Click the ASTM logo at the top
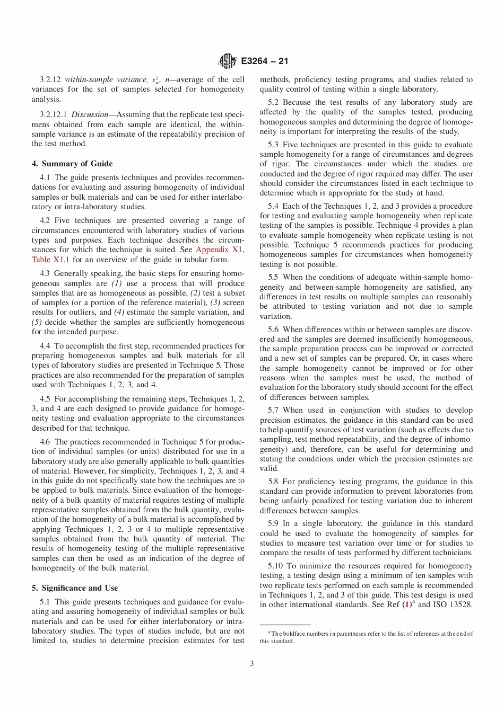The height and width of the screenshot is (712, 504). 228,61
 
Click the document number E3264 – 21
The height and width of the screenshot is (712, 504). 264,61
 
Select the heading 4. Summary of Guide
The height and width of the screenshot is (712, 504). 72,164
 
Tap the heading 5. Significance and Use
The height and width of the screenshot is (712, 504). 75,588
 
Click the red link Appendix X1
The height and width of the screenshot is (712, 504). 220,250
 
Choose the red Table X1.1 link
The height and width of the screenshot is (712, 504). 50,260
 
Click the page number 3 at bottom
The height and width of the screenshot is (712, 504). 252,663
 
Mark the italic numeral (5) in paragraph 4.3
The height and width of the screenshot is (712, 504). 37,322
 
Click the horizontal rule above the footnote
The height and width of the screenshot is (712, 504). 285,625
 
